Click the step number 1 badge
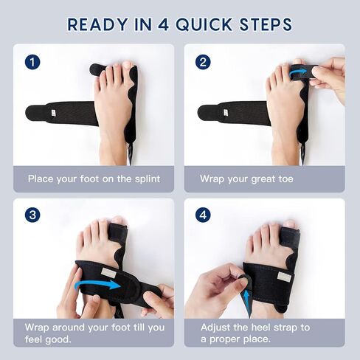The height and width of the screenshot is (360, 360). click(32, 62)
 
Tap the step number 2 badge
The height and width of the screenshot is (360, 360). click(203, 62)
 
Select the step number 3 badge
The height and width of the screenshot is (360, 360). click(32, 215)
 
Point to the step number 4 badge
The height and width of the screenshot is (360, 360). click(203, 215)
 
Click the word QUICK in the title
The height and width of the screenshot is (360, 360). click(204, 24)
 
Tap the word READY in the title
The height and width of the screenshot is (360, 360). click(97, 24)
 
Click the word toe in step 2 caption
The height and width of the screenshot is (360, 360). click(285, 179)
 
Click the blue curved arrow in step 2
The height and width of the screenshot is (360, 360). click(297, 72)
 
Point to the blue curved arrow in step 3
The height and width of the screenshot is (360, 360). click(97, 285)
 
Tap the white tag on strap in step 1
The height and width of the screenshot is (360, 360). click(53, 113)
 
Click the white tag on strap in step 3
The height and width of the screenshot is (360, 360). click(107, 272)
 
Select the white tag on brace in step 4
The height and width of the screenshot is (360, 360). click(284, 276)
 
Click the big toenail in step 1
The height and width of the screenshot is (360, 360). click(128, 65)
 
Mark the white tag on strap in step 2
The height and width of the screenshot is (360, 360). click(226, 113)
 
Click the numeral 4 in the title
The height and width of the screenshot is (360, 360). click(163, 24)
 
